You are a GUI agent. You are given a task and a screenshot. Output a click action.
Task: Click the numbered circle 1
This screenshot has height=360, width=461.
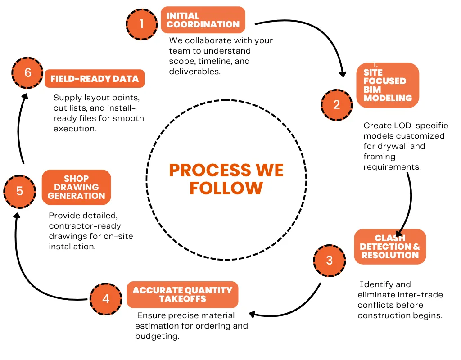tap(142, 24)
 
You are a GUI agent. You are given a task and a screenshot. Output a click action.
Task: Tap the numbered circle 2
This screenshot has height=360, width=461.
tap(337, 105)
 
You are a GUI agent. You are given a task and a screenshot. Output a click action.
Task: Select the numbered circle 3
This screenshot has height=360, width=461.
tap(330, 261)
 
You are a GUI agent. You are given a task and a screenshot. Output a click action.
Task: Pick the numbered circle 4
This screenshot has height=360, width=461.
tap(106, 299)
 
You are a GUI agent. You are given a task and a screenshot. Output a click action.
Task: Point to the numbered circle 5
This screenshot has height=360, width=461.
tap(19, 191)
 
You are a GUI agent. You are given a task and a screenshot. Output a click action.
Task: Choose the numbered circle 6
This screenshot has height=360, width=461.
tap(27, 72)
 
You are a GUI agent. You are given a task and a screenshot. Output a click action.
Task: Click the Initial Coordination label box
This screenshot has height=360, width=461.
tap(203, 20)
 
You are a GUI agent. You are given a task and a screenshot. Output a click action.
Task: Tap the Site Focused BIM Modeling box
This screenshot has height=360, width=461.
tap(387, 85)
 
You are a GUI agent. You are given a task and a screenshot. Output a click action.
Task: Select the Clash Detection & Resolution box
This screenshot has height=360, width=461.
tap(390, 247)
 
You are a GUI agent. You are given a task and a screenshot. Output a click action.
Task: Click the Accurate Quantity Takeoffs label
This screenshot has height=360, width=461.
tap(182, 295)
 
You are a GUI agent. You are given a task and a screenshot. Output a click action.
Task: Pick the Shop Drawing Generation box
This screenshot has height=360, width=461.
tap(76, 187)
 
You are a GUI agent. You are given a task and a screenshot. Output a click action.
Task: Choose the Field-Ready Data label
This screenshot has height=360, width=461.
tap(95, 79)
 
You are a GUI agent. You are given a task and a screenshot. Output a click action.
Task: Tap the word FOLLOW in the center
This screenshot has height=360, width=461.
tap(226, 188)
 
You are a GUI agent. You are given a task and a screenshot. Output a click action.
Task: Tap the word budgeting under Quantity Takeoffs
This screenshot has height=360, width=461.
tap(157, 336)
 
